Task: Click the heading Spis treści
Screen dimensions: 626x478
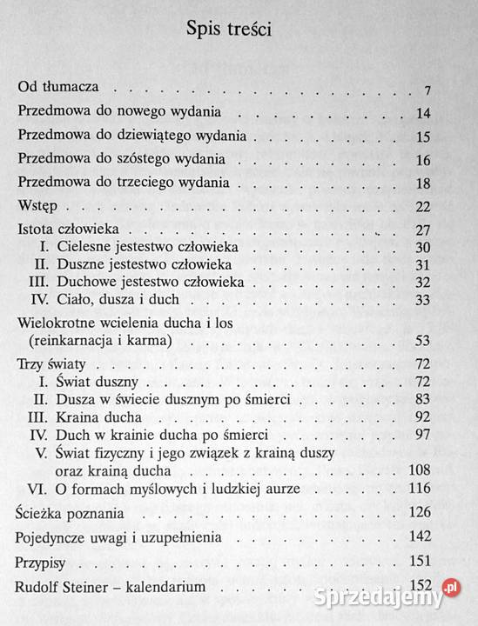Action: point(229,30)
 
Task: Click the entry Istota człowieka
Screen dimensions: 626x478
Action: point(74,230)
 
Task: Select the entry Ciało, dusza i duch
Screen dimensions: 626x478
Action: point(118,300)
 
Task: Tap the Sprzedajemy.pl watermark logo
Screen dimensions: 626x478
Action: point(401,597)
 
